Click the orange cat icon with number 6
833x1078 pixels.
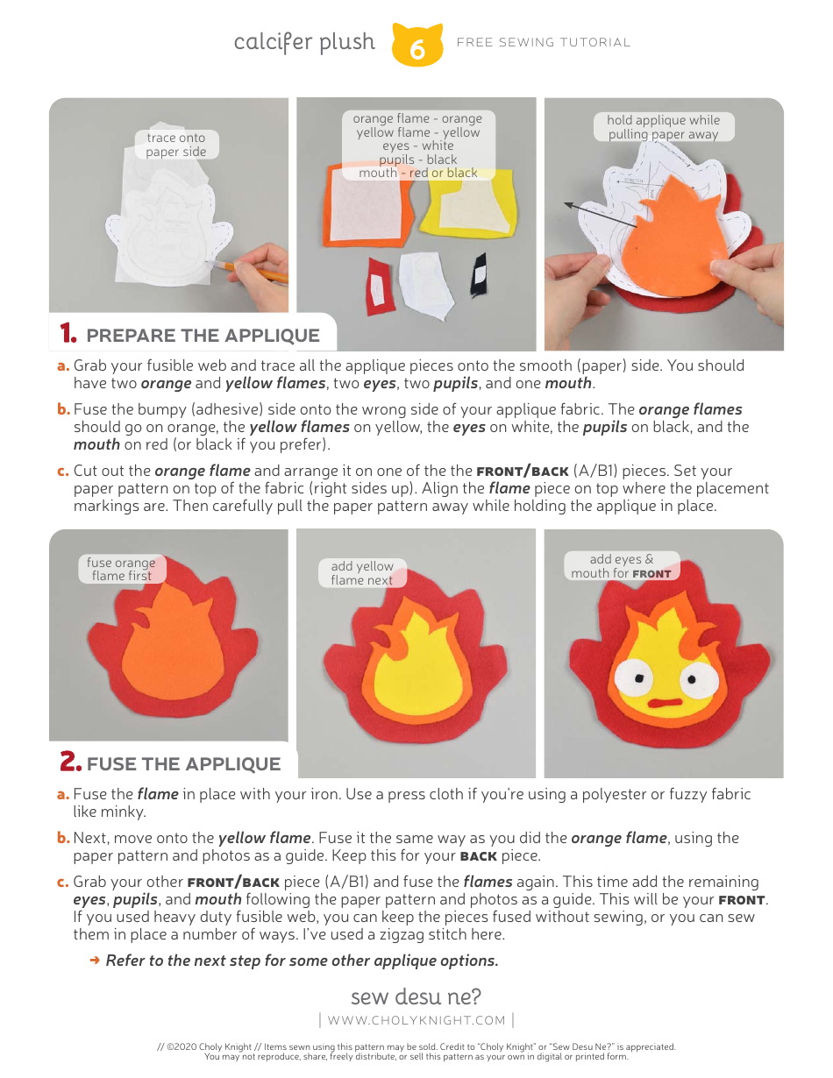(416, 46)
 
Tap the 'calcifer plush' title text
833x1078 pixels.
(304, 42)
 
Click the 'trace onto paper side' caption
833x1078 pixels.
(176, 145)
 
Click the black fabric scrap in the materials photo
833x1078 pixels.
(478, 274)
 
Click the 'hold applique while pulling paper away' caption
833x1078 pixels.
(663, 127)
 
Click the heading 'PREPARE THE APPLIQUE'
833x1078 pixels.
(203, 336)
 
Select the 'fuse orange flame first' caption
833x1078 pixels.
(120, 569)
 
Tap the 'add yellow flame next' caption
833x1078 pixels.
(361, 573)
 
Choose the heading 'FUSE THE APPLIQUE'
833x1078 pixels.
(183, 763)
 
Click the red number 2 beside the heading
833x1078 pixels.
(70, 762)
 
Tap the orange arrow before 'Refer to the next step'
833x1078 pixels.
(95, 961)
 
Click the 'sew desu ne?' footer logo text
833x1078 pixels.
(416, 996)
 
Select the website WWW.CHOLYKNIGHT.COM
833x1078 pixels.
(416, 1020)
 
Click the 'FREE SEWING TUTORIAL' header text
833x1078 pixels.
(544, 42)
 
